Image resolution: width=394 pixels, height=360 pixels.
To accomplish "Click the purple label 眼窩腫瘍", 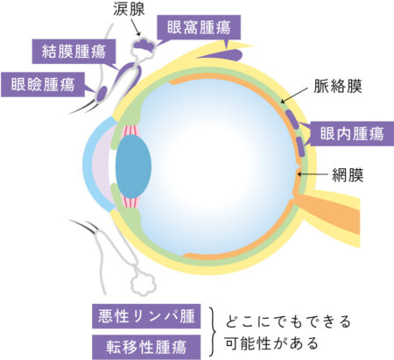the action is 199,27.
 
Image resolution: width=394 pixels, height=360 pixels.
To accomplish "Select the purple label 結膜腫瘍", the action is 74,52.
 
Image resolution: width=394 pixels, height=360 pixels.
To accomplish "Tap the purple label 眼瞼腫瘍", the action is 43,84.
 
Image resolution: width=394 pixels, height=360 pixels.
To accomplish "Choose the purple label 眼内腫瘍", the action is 352,134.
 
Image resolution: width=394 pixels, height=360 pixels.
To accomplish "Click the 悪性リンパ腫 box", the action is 146,316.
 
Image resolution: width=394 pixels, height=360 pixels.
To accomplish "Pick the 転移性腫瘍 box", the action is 146,347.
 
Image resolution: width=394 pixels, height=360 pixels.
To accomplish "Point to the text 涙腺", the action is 129,10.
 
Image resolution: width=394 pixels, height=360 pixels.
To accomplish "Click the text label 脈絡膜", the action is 338,86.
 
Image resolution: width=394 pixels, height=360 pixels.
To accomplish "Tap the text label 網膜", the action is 348,175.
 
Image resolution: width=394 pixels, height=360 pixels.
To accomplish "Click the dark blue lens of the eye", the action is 133,166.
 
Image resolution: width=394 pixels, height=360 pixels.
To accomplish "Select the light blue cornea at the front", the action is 95,164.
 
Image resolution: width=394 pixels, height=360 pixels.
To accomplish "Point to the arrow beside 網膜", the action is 313,174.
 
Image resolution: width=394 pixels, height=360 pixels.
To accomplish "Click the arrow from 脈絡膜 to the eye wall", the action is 294,95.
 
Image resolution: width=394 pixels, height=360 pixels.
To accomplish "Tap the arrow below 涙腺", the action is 136,26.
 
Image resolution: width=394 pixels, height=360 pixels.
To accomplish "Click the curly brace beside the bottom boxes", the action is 214,332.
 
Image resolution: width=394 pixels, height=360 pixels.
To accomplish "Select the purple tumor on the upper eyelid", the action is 102,94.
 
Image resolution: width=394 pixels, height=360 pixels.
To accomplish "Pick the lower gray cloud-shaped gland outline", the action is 143,283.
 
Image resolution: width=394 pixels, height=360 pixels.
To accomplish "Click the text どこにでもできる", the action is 287,321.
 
